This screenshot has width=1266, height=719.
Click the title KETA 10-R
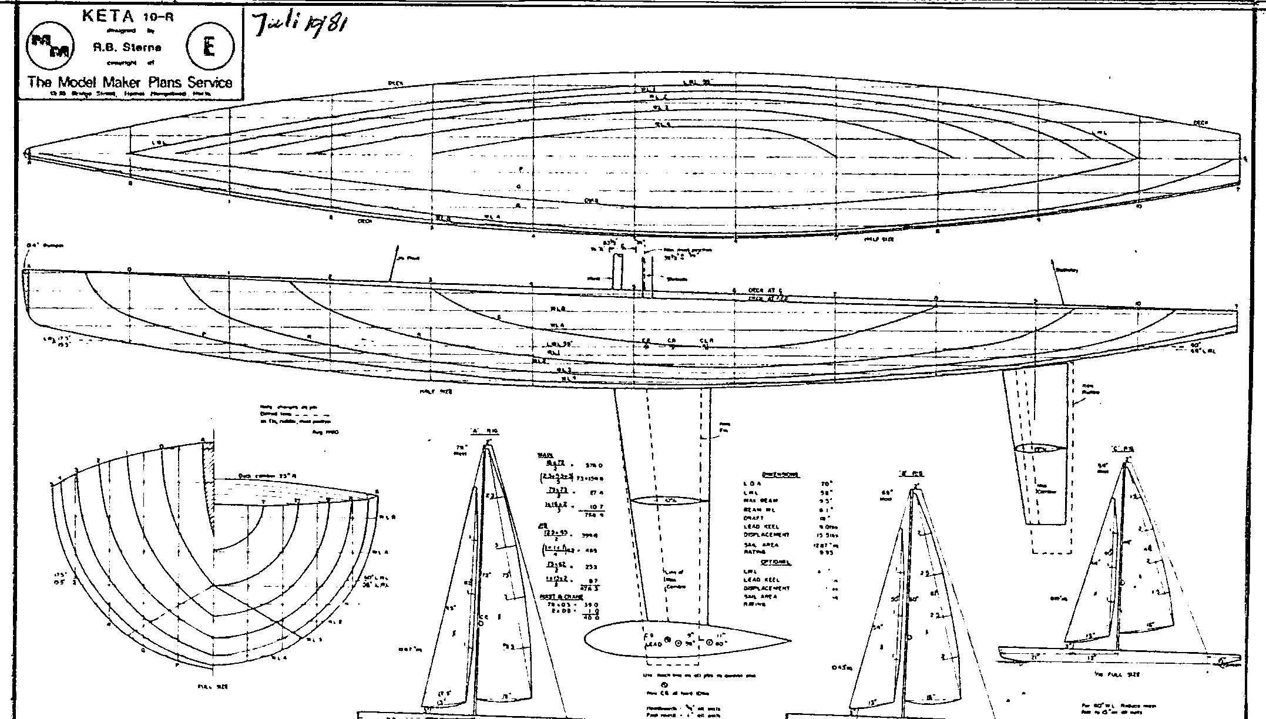(x=128, y=16)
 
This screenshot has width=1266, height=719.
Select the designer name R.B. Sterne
(x=127, y=48)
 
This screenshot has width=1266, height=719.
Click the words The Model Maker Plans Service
(x=130, y=82)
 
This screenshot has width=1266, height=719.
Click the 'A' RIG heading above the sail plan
(x=485, y=431)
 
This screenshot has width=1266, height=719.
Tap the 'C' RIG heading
(x=1123, y=449)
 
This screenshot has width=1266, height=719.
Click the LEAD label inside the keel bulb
(x=654, y=644)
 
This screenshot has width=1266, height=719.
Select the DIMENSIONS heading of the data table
(x=780, y=475)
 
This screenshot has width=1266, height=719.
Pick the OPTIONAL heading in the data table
(x=776, y=562)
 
